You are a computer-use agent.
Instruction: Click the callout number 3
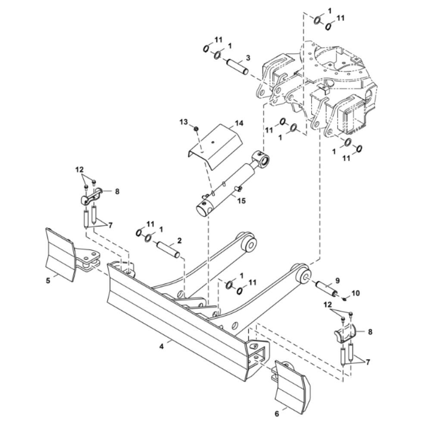[248, 57]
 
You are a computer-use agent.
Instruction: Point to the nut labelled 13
[195, 128]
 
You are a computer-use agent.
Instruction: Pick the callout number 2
[179, 240]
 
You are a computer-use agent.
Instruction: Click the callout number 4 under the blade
[162, 346]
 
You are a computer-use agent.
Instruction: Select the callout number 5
[48, 280]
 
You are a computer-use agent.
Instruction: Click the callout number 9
[337, 280]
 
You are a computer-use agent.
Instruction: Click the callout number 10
[355, 293]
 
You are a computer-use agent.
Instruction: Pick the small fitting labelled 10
[346, 298]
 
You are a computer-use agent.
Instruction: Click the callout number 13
[184, 122]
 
